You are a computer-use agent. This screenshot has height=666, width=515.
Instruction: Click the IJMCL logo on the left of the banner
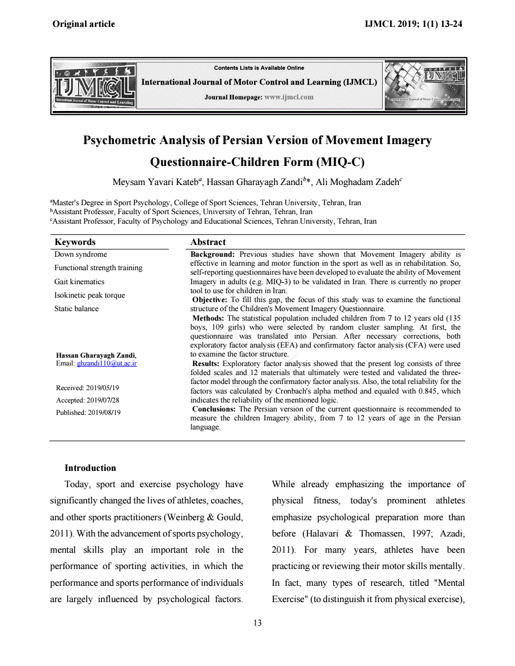(x=94, y=86)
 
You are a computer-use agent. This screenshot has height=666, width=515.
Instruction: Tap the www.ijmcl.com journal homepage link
(x=288, y=97)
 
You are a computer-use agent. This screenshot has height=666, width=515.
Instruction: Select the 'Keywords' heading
(x=75, y=242)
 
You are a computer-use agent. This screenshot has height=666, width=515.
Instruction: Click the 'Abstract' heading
(x=208, y=242)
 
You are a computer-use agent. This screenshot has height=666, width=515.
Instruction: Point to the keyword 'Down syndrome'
(x=80, y=255)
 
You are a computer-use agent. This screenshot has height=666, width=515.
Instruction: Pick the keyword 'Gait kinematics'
(x=79, y=281)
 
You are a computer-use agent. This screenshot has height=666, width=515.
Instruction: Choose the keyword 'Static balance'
(x=76, y=308)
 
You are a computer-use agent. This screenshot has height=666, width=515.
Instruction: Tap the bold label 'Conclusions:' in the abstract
(x=214, y=409)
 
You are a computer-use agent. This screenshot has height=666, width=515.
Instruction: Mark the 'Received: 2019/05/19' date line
(x=88, y=388)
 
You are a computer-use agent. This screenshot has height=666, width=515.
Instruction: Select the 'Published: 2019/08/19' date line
(x=88, y=413)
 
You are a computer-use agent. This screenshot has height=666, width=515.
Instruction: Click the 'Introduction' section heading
(x=90, y=468)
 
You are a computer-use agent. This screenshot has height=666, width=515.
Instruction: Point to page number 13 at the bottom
(x=257, y=623)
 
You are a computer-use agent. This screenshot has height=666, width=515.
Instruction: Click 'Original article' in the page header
(x=84, y=24)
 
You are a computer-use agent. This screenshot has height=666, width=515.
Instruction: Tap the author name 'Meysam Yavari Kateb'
(x=157, y=182)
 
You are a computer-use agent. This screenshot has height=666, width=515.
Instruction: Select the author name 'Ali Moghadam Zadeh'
(x=357, y=182)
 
